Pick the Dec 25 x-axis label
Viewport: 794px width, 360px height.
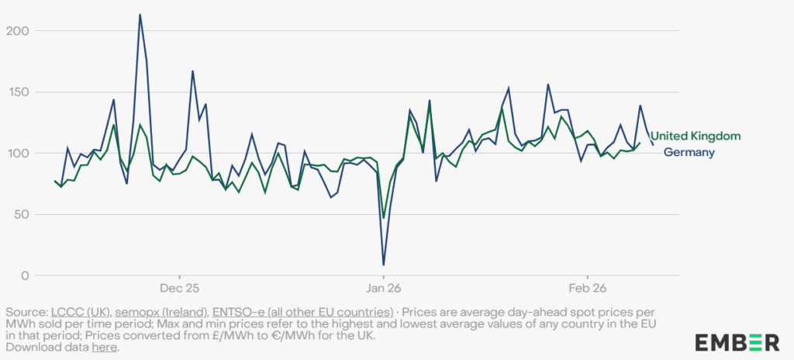tap(180, 288)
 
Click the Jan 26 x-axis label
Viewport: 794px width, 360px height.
tap(383, 288)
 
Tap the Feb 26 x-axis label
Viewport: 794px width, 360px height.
tap(587, 288)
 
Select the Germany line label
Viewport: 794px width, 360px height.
tap(689, 153)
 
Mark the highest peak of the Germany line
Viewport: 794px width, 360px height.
tap(140, 14)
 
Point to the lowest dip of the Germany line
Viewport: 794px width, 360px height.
tap(383, 265)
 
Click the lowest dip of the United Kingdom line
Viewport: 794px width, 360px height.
tap(384, 218)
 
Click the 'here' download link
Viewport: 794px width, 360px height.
tap(104, 348)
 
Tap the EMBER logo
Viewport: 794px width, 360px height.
tap(737, 341)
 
